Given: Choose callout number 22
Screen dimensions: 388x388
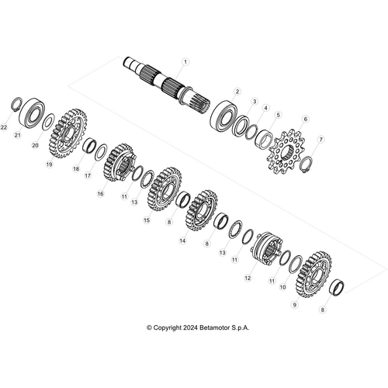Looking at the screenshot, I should coord(4,126).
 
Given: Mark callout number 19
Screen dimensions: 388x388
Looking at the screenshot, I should coord(48,165).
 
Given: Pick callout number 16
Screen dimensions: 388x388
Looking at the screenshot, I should coord(100,194).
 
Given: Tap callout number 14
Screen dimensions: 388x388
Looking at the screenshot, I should coord(182,241).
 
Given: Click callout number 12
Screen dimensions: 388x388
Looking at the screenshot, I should coord(248,277).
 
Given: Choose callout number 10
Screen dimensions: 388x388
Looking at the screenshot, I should coord(282,286).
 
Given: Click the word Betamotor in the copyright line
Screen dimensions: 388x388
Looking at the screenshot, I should coord(209,327).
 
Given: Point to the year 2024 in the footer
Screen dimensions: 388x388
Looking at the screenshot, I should coord(182,327).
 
